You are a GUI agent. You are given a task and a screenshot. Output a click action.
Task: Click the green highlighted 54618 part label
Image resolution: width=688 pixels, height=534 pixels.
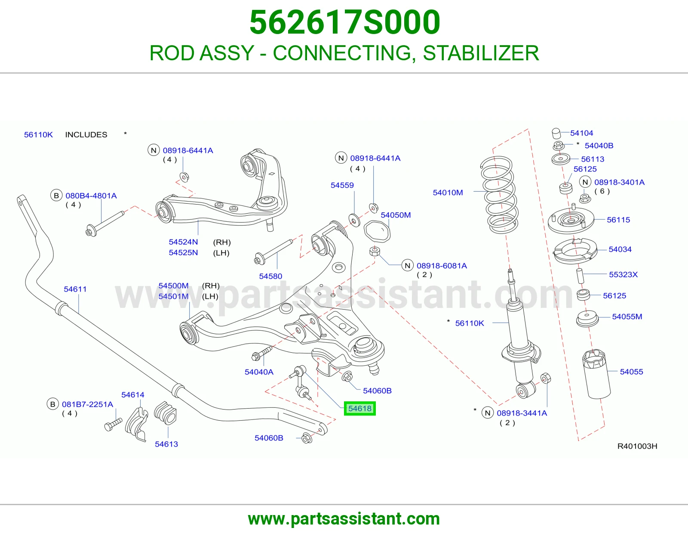(359, 408)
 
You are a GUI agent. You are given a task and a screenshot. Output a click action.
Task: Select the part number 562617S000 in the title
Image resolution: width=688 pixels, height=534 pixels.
(344, 22)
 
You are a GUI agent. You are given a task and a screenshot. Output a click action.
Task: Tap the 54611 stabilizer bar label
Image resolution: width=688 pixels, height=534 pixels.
(75, 289)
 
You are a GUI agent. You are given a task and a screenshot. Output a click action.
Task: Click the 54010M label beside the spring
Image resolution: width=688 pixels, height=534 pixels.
(448, 192)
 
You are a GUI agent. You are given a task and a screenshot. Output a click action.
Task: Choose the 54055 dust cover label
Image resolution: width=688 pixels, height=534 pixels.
(631, 372)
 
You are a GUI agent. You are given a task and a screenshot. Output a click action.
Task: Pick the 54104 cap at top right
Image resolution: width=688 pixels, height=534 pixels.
(556, 133)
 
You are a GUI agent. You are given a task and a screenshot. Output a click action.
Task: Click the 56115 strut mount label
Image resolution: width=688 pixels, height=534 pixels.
(618, 220)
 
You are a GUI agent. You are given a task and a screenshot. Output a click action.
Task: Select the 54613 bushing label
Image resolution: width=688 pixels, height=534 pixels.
(166, 444)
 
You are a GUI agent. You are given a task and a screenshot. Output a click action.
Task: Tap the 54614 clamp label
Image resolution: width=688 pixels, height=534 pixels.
(133, 395)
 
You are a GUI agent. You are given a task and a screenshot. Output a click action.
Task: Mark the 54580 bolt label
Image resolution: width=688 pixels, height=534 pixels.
(270, 276)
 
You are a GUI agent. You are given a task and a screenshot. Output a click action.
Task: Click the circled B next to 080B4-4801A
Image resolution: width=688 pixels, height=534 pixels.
(56, 196)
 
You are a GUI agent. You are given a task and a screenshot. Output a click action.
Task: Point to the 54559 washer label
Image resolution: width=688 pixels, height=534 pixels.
(342, 185)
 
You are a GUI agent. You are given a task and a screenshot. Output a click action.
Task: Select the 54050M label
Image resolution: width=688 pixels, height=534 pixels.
(396, 215)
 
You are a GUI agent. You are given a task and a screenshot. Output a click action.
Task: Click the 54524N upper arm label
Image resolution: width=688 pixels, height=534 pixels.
(183, 242)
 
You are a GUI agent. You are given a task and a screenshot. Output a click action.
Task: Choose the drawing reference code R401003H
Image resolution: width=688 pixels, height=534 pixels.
(637, 446)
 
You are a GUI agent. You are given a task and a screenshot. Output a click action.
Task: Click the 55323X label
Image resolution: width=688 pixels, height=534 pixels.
(623, 274)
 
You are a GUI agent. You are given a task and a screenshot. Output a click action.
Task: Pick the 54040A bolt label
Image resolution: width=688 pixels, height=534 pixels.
(259, 372)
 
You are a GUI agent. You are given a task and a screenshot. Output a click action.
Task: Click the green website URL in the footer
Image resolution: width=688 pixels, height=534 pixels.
(344, 519)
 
